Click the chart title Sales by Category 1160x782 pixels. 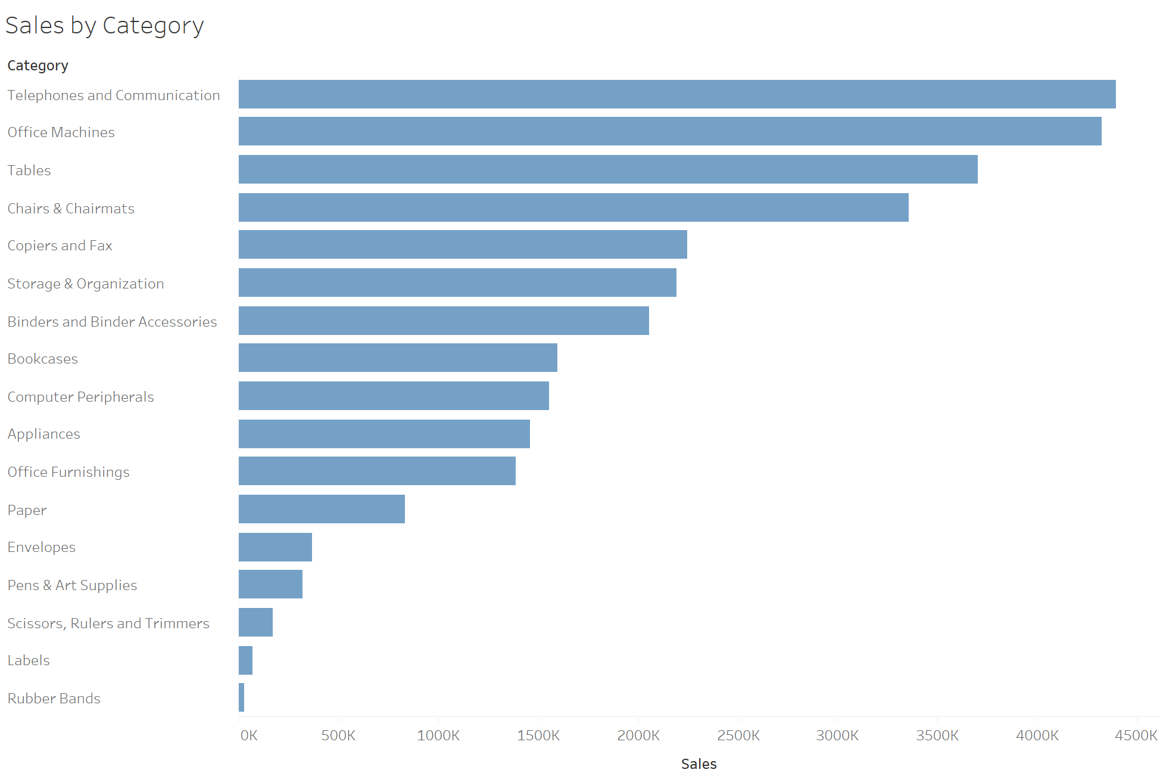105,26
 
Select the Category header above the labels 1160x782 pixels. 38,66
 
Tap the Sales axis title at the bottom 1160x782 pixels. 699,764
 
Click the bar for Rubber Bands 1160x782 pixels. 241,697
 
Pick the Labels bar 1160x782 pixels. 245,660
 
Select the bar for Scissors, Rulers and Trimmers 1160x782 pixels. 255,622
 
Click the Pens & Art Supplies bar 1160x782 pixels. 270,584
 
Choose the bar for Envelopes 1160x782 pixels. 275,547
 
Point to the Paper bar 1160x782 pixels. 322,509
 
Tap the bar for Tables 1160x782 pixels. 608,169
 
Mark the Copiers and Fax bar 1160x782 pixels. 463,244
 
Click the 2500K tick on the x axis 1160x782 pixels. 738,736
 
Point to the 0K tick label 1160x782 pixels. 249,736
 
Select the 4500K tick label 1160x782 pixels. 1136,736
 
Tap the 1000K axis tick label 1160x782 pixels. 438,736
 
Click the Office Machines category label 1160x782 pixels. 61,132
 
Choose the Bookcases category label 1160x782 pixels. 42,359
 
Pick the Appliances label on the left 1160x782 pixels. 43,434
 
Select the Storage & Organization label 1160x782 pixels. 85,284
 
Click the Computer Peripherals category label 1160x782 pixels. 80,397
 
